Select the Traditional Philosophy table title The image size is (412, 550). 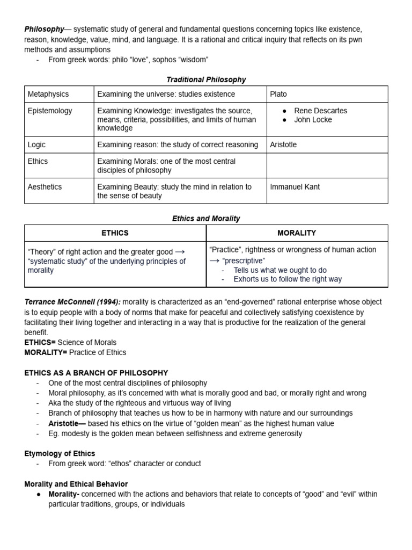point(206,79)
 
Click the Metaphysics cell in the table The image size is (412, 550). point(48,94)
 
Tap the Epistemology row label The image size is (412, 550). point(50,111)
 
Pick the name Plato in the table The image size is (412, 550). point(278,94)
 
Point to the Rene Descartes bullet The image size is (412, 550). point(320,111)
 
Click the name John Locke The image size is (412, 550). point(313,120)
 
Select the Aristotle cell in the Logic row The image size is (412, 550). point(283,144)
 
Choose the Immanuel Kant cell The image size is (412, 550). point(296,187)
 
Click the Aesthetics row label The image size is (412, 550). point(45,187)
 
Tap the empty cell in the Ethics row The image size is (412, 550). point(327,165)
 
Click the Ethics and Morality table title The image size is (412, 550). point(206,219)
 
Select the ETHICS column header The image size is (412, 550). point(115,233)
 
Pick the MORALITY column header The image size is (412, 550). point(297,233)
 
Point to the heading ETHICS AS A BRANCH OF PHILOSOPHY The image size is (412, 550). point(96,373)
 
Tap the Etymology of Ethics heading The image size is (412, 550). point(60,454)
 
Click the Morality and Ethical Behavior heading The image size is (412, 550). point(76,484)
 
